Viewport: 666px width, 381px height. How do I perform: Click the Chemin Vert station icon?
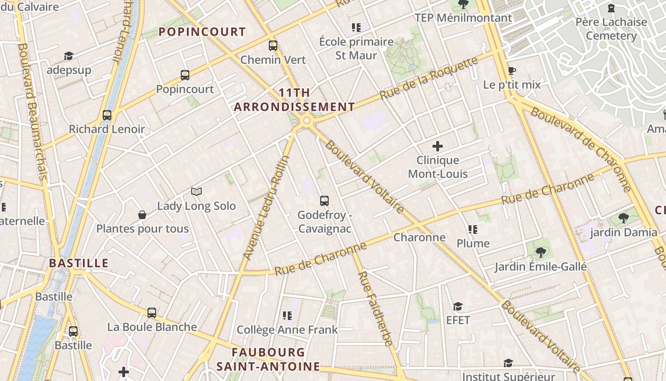273,46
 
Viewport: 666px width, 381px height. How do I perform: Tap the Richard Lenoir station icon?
107,115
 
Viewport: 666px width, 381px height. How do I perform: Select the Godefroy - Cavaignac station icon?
324,201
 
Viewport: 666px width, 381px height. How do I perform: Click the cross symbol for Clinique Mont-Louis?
438,146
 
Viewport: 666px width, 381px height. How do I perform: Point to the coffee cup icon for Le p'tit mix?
512,71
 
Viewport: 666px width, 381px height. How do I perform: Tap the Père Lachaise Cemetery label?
611,29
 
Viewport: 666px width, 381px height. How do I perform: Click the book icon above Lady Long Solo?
196,191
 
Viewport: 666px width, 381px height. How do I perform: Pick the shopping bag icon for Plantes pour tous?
142,215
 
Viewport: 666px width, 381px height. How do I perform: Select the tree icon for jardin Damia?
623,218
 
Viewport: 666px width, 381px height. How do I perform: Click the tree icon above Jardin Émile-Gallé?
540,252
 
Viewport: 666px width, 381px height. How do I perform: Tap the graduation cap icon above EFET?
458,306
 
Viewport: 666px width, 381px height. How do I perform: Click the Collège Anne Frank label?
287,330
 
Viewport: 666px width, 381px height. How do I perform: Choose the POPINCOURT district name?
202,32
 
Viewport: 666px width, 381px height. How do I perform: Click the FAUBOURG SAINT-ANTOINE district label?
268,359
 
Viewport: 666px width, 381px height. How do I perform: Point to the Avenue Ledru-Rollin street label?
266,208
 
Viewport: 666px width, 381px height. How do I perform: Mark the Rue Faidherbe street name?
375,308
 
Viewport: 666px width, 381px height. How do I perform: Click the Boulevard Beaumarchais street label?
33,112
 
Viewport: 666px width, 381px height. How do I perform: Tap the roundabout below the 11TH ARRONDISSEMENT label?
306,121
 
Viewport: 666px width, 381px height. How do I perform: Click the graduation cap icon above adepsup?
69,56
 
